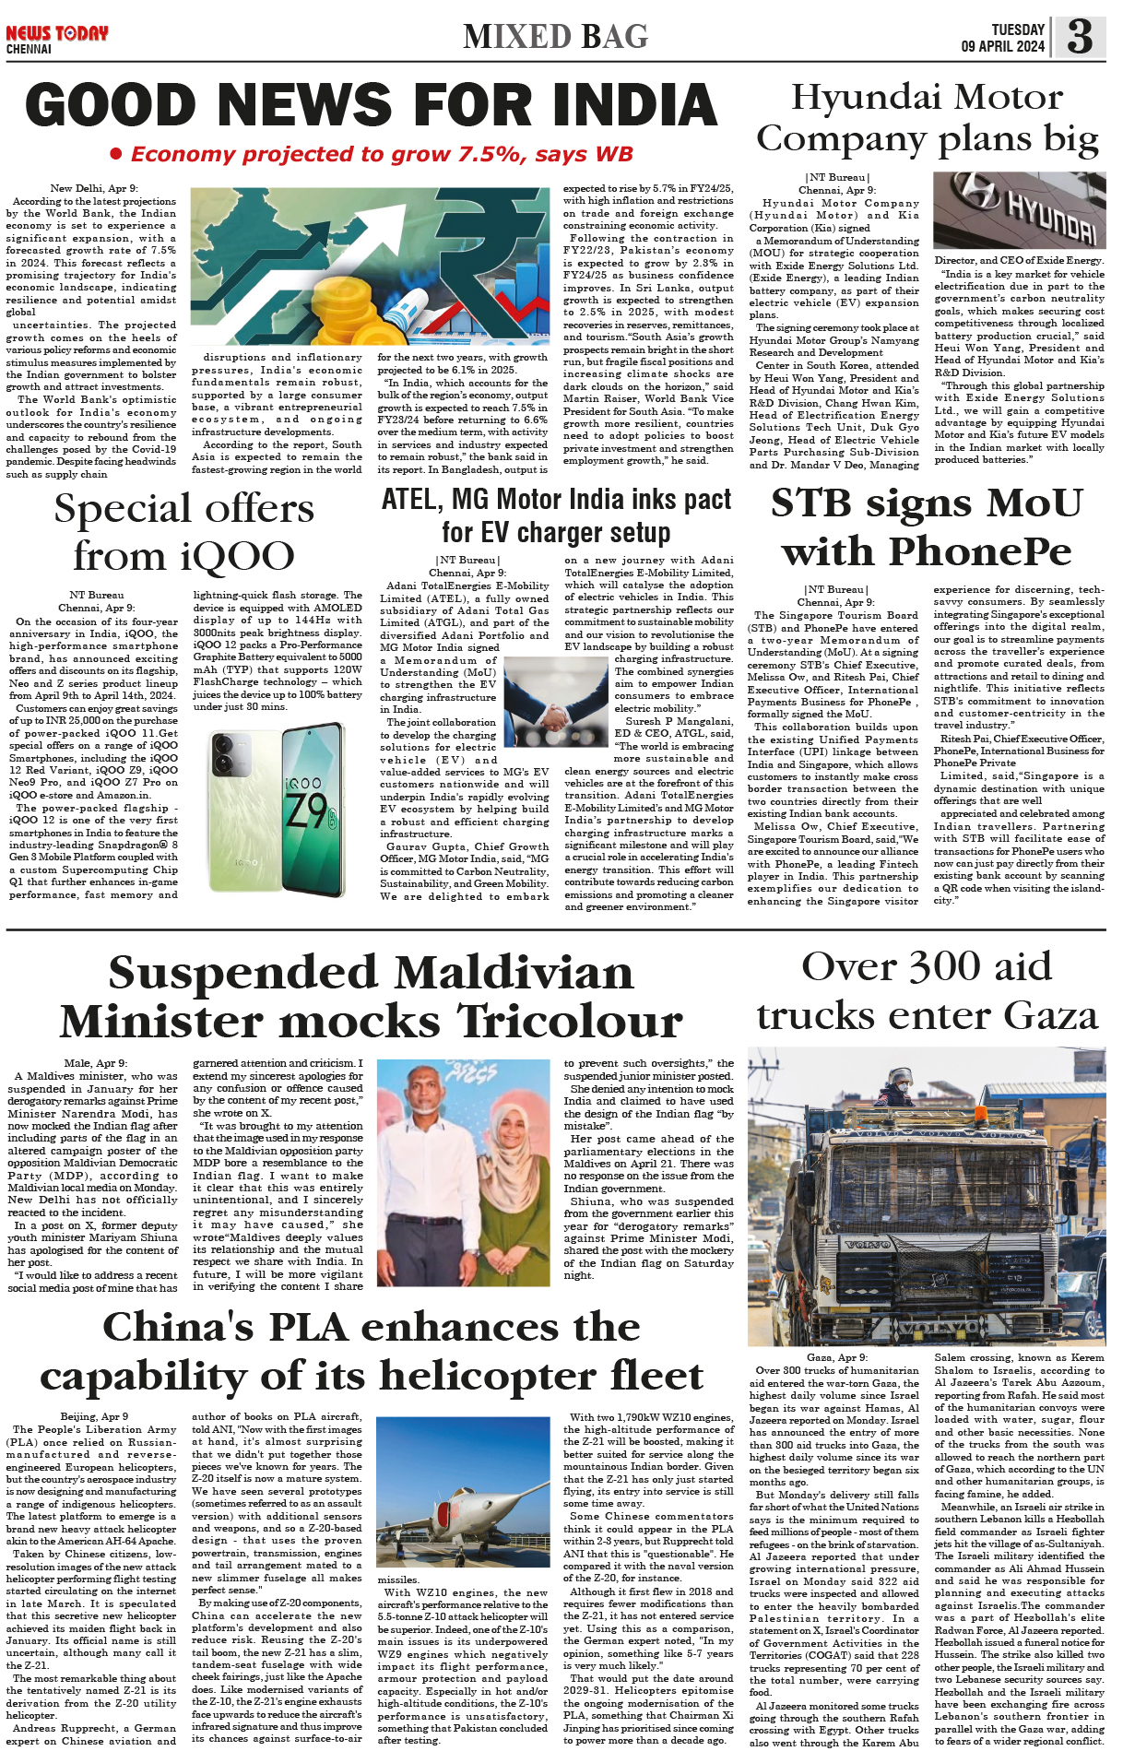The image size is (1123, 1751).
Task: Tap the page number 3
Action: [x=1080, y=37]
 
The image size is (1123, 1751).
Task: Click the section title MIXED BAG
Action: [x=556, y=37]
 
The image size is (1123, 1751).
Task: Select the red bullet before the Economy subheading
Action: [x=116, y=154]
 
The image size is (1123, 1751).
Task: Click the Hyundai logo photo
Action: [x=1019, y=210]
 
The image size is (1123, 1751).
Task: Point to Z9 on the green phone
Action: [x=305, y=809]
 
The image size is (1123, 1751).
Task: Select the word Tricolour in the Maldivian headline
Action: [x=571, y=1022]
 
